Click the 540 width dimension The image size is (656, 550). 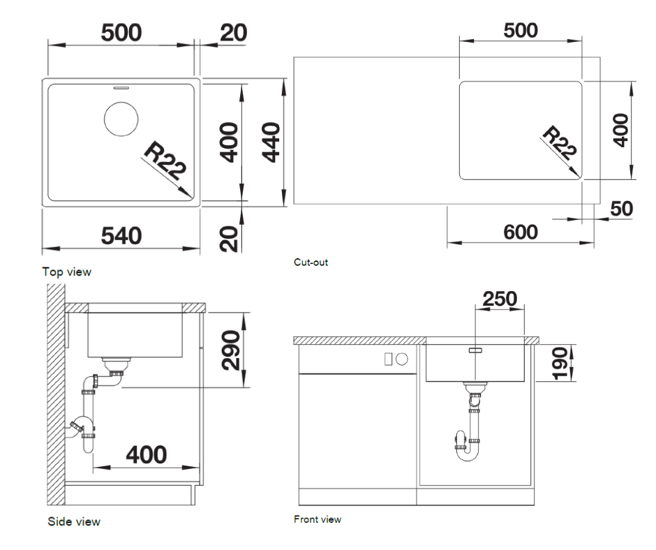pos(121,236)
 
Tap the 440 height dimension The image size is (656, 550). pos(271,142)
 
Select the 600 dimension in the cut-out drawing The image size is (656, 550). pos(521,232)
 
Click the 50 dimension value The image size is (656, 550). pos(621,209)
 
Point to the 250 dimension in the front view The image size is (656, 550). pos(500,299)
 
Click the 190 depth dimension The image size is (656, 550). pos(560,363)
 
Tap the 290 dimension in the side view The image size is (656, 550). pos(231,350)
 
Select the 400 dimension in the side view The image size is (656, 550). pos(147,454)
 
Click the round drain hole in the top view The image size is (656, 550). pos(121,119)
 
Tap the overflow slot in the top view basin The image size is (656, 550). pos(121,88)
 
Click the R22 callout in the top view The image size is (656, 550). pos(165,161)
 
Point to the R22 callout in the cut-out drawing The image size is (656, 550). pos(559,142)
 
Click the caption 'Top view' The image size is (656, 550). pos(66,272)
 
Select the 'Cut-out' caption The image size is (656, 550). pos(311,262)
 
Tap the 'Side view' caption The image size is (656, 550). pos(74,521)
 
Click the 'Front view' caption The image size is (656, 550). pos(318,519)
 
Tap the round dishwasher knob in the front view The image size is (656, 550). pos(402,359)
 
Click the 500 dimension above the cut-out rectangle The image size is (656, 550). pos(521,31)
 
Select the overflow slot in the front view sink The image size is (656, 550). pos(476,350)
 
